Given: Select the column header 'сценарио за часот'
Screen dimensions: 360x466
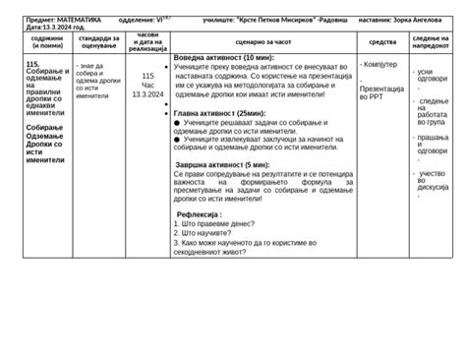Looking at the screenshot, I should (x=260, y=42).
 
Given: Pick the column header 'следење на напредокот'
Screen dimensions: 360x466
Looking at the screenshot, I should (x=433, y=42).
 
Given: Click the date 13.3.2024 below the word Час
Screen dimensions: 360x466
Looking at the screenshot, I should (x=147, y=94).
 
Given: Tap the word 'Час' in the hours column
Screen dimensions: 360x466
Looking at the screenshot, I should (x=147, y=85).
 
